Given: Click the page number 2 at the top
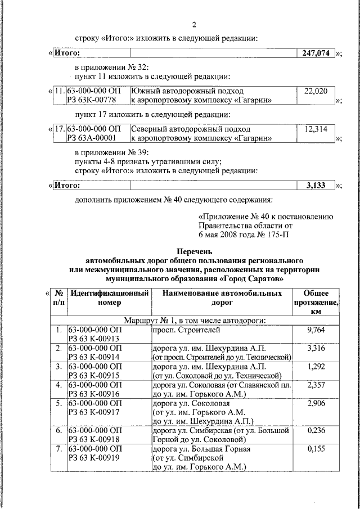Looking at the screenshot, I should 194,25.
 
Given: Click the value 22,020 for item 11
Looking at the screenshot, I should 316,91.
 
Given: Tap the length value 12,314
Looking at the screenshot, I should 316,129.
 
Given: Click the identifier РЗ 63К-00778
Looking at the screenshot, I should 91,100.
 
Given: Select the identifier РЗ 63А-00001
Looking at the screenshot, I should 91,138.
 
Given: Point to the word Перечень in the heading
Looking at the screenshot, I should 194,252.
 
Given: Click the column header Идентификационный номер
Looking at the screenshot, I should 109,298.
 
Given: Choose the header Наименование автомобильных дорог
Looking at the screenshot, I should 222,298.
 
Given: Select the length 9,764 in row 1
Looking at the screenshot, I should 316,330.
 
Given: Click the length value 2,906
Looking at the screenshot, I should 316,403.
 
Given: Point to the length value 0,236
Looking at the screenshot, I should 316,430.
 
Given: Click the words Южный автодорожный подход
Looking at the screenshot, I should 187,91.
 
